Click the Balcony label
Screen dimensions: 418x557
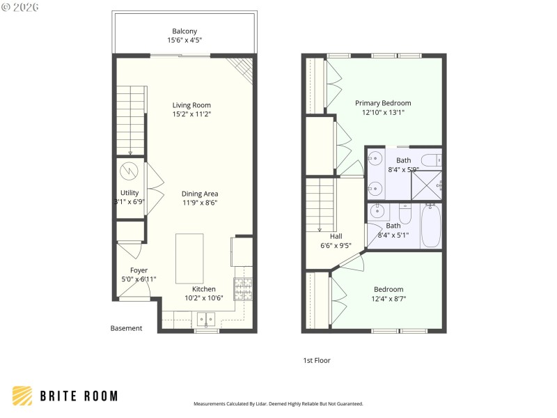point(185,31)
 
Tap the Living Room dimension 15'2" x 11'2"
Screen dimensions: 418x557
point(191,114)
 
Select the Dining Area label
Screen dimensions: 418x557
point(200,194)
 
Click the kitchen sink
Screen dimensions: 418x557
point(205,320)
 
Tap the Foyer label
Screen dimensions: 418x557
point(139,270)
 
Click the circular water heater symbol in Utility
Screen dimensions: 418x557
point(130,171)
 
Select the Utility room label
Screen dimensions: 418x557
point(130,193)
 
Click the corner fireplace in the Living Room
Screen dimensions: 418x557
point(242,67)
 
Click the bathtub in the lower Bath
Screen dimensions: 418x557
point(430,226)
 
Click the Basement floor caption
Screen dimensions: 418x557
point(126,328)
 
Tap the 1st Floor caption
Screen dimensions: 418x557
point(316,360)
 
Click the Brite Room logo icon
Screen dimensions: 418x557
point(22,396)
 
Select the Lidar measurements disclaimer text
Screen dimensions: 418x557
point(278,403)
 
